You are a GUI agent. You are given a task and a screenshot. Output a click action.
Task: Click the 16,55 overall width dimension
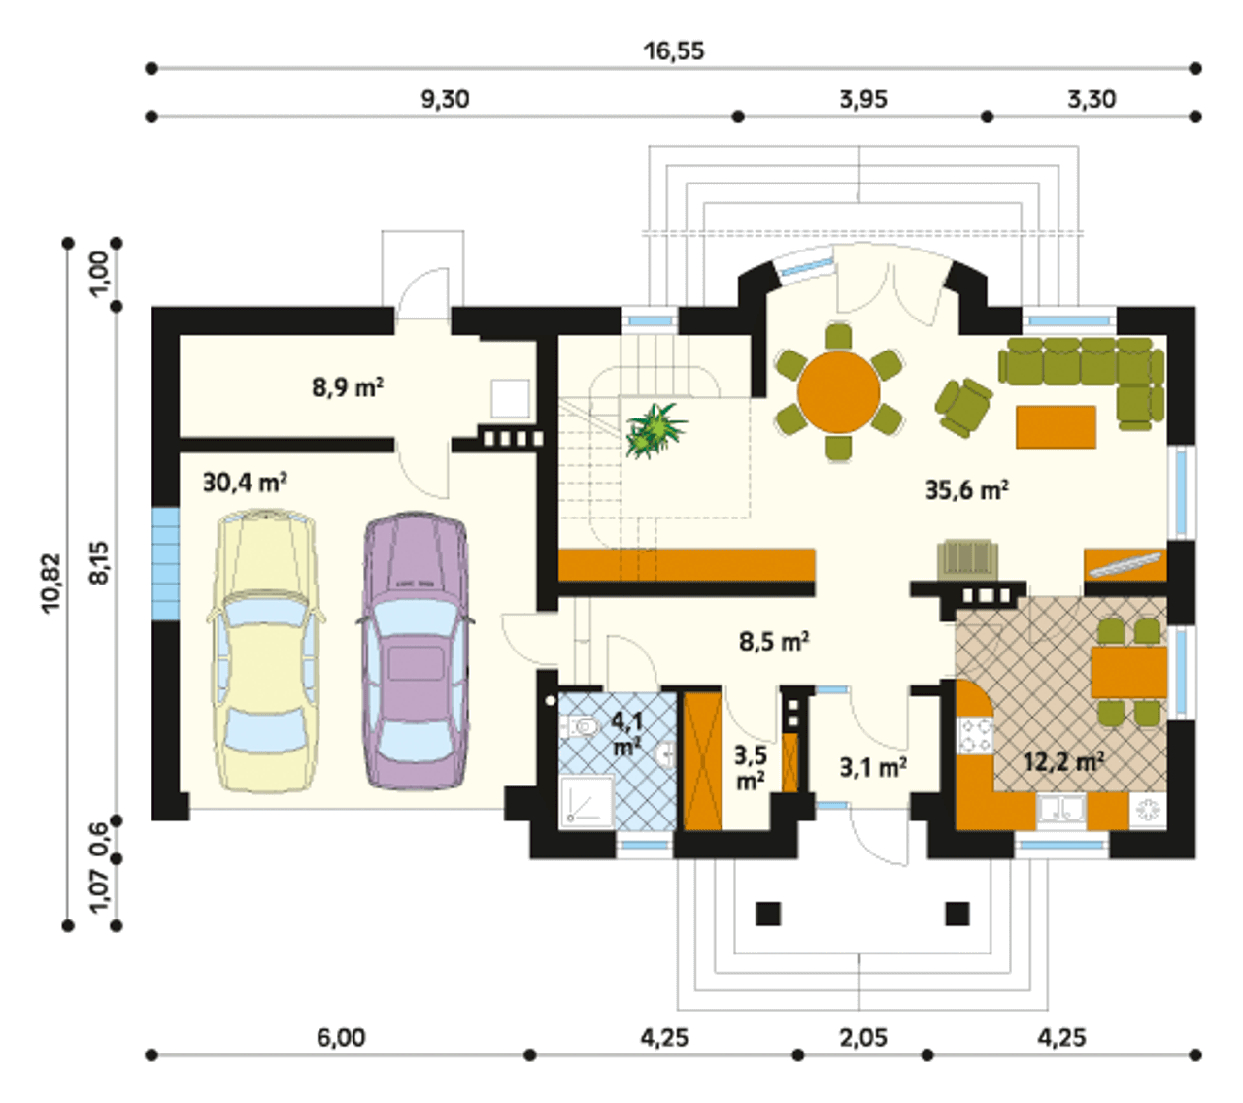[x=674, y=50]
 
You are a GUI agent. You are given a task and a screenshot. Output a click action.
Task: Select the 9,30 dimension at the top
[x=445, y=99]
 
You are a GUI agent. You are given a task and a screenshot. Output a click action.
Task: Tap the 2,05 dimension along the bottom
[x=863, y=1037]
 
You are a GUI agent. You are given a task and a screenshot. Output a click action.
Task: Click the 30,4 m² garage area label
[x=245, y=483]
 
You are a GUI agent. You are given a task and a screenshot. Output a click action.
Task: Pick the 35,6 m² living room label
[x=967, y=489]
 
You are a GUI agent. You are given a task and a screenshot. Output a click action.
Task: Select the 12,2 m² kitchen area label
[x=1065, y=762]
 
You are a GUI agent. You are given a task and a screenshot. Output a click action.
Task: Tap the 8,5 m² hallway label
[x=774, y=642]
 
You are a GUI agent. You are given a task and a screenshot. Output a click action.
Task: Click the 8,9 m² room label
[x=348, y=387]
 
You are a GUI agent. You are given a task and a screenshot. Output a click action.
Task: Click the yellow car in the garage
[x=265, y=649]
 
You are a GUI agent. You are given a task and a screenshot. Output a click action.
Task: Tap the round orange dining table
[x=839, y=391]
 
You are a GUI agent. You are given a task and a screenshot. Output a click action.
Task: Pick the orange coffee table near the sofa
[x=1056, y=427]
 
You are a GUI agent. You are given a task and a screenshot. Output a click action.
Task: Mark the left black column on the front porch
[x=767, y=930]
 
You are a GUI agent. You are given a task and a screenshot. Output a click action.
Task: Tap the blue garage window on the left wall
[x=165, y=563]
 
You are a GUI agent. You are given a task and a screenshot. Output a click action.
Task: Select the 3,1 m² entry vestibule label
[x=873, y=767]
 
